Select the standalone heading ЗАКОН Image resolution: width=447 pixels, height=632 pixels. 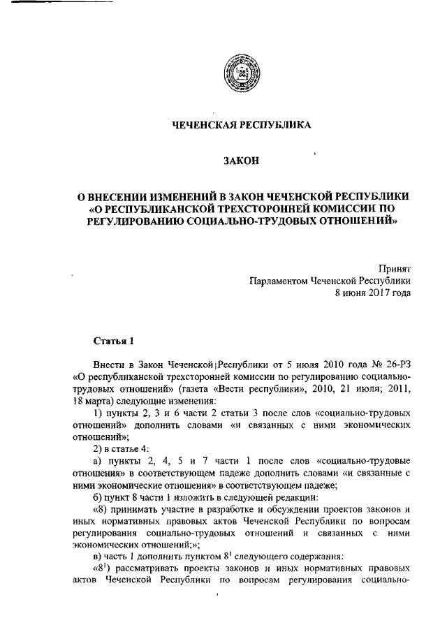pos(241,161)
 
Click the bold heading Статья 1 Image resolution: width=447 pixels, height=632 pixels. pos(108,340)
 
